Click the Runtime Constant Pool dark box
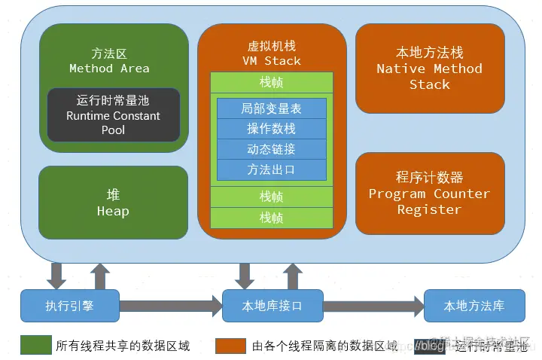pyautogui.click(x=114, y=115)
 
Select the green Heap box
pyautogui.click(x=113, y=203)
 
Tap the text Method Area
pyautogui.click(x=109, y=69)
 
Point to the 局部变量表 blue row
pyautogui.click(x=271, y=108)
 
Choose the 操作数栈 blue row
pyautogui.click(x=271, y=129)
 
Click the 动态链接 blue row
pyautogui.click(x=271, y=149)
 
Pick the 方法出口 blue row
pyautogui.click(x=271, y=169)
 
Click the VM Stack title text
pyautogui.click(x=271, y=60)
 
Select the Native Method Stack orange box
pyautogui.click(x=430, y=69)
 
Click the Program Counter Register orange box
pyautogui.click(x=430, y=193)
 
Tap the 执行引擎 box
pyautogui.click(x=70, y=306)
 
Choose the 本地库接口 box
pyautogui.click(x=272, y=306)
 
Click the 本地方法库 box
pyautogui.click(x=473, y=306)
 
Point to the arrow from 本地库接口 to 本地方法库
pyautogui.click(x=373, y=306)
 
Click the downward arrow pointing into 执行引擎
pyautogui.click(x=56, y=276)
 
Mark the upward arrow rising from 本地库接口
pyautogui.click(x=293, y=276)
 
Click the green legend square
pyautogui.click(x=35, y=346)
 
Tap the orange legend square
pyautogui.click(x=230, y=346)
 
